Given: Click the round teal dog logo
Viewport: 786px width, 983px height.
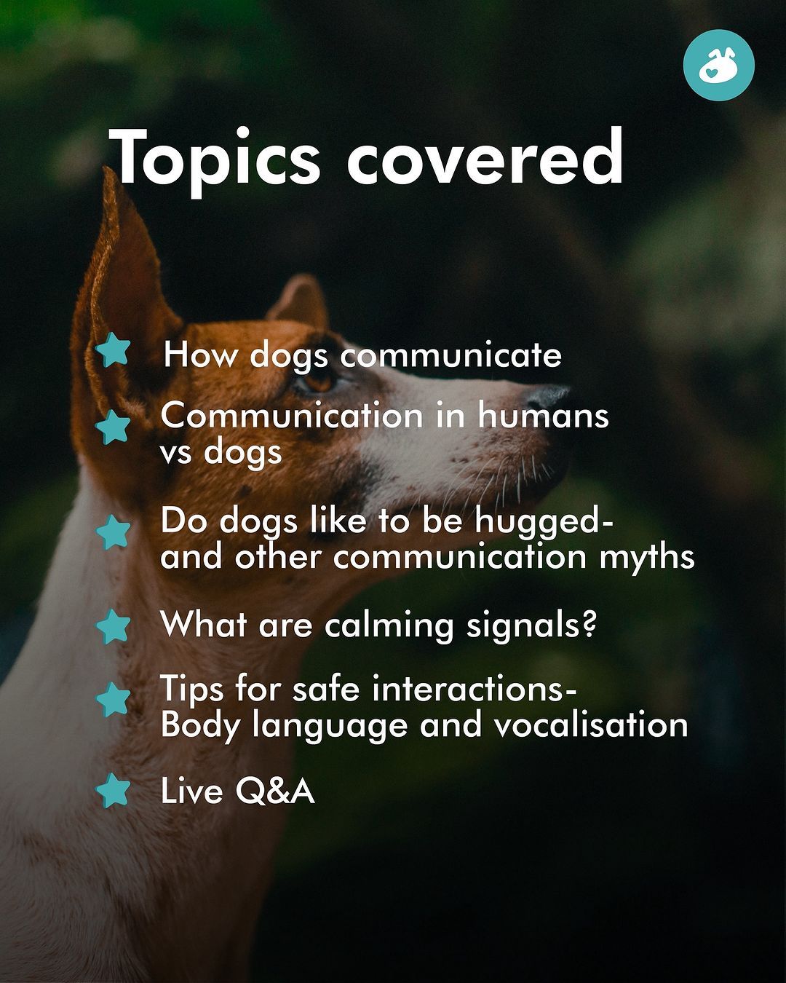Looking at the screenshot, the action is click(719, 66).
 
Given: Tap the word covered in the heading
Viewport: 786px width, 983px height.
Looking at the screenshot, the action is click(485, 156).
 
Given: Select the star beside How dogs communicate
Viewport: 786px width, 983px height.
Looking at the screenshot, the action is click(113, 350).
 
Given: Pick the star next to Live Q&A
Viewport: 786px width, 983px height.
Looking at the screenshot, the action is click(113, 790).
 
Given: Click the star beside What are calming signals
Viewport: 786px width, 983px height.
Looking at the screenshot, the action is click(113, 626).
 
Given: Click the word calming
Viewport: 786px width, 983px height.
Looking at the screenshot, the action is click(389, 626).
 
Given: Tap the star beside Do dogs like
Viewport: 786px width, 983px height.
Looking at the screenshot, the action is click(113, 532).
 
